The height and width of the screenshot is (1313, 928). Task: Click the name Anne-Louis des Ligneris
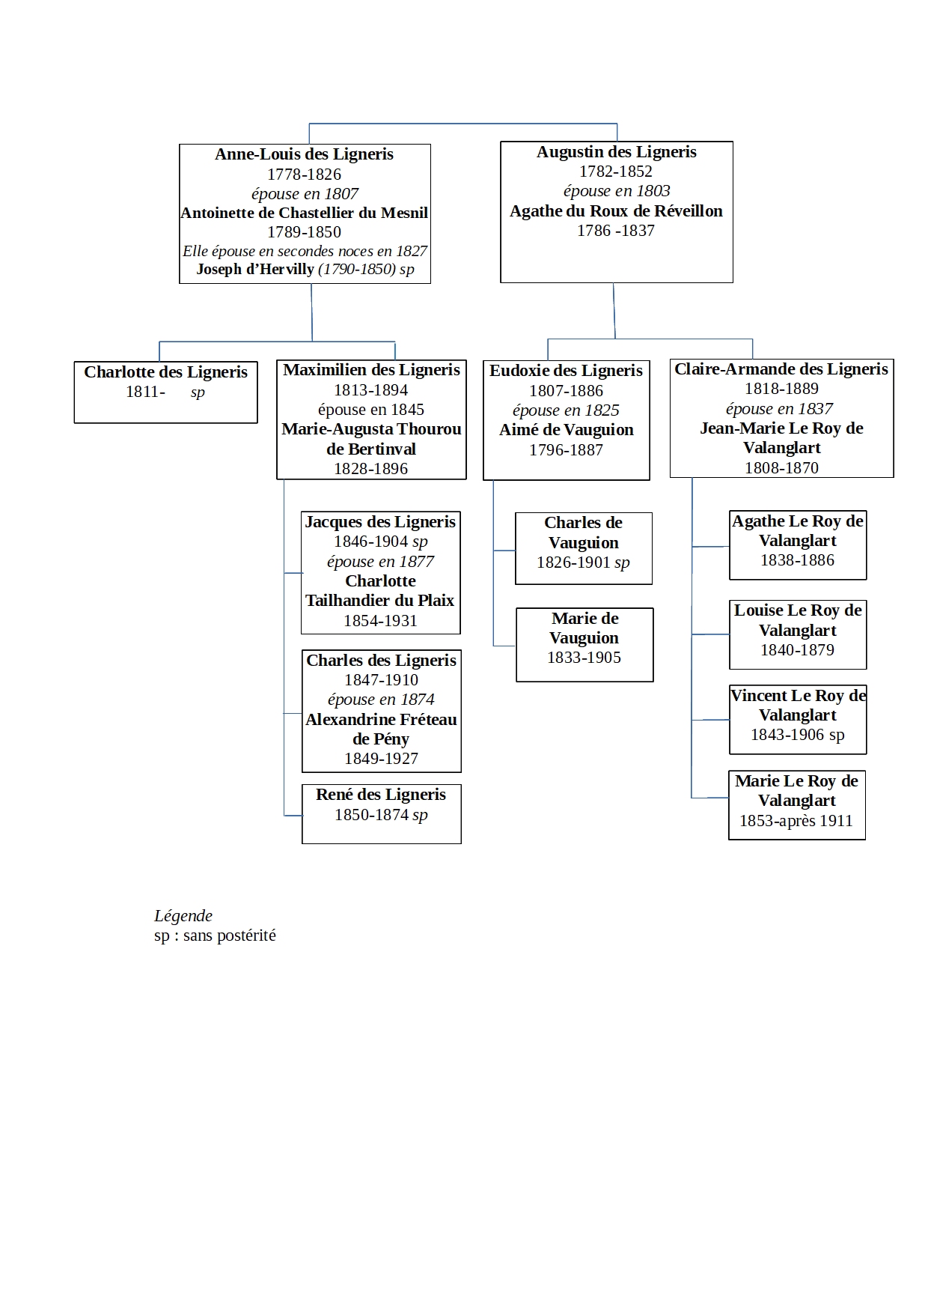304,154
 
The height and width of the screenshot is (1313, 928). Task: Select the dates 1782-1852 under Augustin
615,172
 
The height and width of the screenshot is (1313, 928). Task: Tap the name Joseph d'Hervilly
255,270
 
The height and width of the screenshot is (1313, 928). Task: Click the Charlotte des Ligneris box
165,392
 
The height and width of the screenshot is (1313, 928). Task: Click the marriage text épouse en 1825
566,410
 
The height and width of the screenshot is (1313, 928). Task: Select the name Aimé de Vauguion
566,430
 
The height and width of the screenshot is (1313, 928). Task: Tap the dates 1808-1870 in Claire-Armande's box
781,468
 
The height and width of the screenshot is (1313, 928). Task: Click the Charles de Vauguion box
583,548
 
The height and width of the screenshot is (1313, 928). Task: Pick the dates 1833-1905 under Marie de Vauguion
584,658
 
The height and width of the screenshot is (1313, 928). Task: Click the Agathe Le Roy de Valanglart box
797,545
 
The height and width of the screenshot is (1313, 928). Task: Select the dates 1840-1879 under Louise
797,650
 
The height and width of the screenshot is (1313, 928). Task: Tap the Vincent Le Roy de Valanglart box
797,719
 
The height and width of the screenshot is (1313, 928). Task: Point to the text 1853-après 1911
796,821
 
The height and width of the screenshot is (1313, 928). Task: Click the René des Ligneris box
381,813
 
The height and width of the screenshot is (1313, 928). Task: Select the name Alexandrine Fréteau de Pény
381,729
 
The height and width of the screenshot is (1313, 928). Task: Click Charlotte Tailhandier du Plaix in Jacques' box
380,591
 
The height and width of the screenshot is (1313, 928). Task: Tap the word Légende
183,916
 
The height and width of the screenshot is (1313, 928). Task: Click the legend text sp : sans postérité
215,936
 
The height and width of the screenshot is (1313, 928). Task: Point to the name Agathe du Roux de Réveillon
616,211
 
